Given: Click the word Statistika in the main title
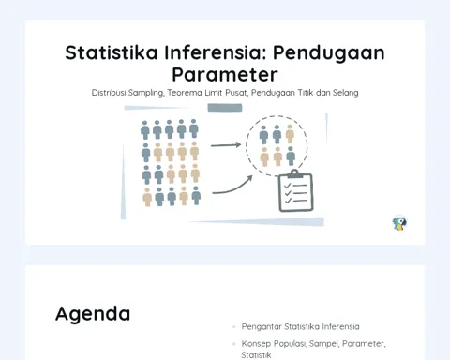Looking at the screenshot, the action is click(112, 52).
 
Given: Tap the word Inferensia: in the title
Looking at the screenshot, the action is click(216, 52).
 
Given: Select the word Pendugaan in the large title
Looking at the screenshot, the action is click(329, 53).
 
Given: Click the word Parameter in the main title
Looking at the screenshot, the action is click(225, 75).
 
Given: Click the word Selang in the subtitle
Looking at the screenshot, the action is click(346, 93).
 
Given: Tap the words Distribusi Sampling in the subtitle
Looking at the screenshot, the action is click(127, 93).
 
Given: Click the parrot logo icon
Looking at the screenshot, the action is click(399, 223).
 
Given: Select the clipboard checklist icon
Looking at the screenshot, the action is click(296, 190).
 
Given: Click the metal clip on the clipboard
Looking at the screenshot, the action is click(294, 173).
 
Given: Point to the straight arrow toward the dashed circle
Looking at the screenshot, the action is click(226, 145).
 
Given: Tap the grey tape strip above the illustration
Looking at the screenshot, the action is click(225, 108).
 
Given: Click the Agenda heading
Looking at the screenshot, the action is click(93, 314).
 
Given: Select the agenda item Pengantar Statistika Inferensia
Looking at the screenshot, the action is click(300, 327).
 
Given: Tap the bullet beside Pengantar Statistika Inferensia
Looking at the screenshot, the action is click(234, 327).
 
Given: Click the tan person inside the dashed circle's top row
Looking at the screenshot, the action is click(290, 134).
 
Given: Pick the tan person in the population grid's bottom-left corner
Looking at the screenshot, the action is click(147, 197).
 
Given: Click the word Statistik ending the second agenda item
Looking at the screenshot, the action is click(256, 355).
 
